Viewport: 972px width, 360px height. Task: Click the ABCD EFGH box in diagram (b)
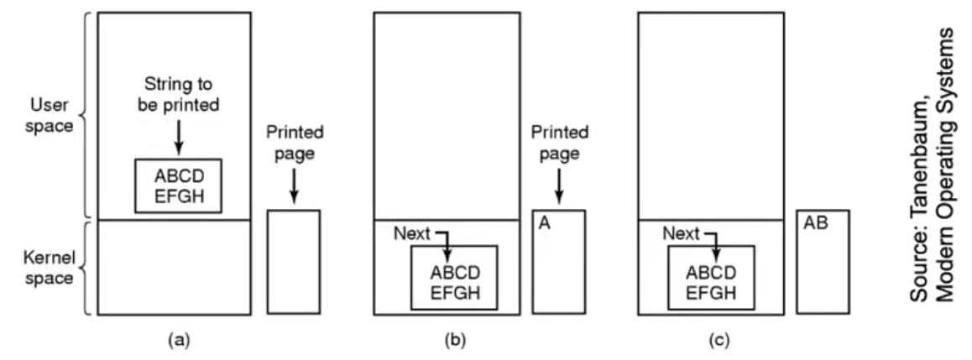[x=455, y=278]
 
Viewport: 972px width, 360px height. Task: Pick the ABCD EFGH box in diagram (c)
[x=710, y=278]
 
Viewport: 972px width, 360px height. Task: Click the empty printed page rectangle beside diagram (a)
[x=294, y=262]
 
